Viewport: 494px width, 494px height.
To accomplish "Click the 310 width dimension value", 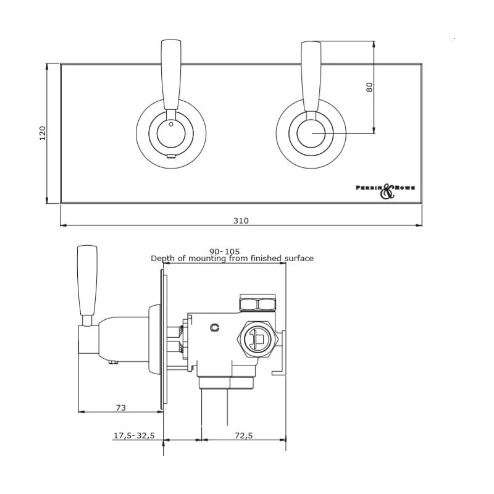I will pos(241,220).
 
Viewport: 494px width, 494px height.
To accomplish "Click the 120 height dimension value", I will pos(43,133).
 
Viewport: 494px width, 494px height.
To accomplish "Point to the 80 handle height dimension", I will pos(369,87).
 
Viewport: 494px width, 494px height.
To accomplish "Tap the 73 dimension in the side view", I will pos(120,408).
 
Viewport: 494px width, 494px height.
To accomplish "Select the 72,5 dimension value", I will pos(244,435).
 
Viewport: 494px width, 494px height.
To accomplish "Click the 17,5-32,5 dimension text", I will pos(133,435).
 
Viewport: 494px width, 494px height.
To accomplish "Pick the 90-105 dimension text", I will pos(224,251).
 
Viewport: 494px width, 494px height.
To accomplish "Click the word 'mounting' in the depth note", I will pos(209,259).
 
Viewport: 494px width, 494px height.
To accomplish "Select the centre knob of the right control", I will pos(310,133).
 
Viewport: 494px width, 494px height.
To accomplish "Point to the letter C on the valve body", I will pos(214,327).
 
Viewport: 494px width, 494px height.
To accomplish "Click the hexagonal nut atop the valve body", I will pos(257,303).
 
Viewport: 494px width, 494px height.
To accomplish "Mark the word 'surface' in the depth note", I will pos(298,259).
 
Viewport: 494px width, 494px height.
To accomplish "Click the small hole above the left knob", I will pos(171,124).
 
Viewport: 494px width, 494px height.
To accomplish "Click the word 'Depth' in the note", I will pos(163,259).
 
